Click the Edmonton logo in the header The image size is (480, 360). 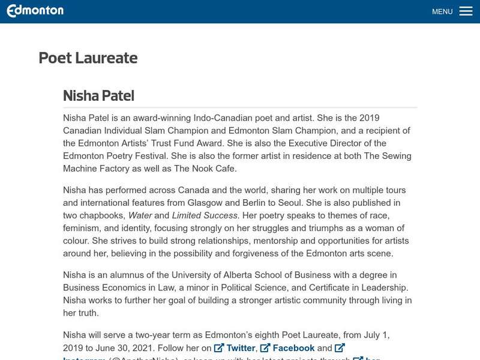(x=35, y=11)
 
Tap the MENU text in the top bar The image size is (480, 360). (x=442, y=11)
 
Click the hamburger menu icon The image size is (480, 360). (x=466, y=11)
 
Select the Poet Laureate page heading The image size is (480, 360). (x=88, y=58)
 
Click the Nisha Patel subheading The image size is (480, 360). (x=98, y=95)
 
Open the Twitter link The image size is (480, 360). (x=241, y=348)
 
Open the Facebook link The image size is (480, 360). (x=293, y=348)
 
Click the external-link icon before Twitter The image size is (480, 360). (x=219, y=348)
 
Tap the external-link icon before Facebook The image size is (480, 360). (x=265, y=348)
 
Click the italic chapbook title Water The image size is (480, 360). (x=140, y=215)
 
